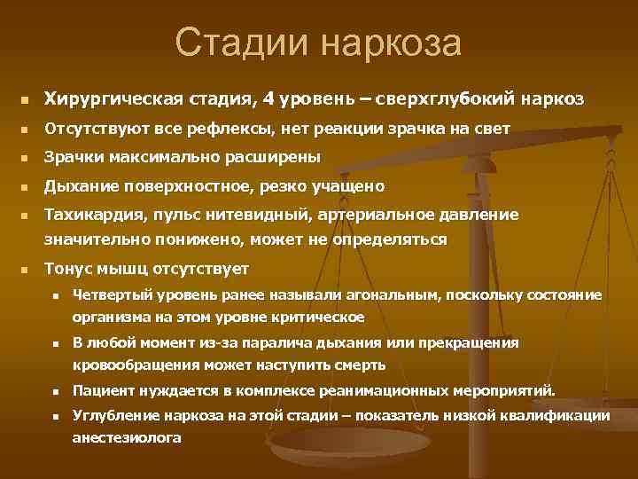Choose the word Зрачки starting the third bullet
coord(73,157)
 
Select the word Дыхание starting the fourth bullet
coord(78,186)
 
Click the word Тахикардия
coord(92,215)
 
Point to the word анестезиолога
coord(127,437)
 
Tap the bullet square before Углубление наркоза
coord(55,416)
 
